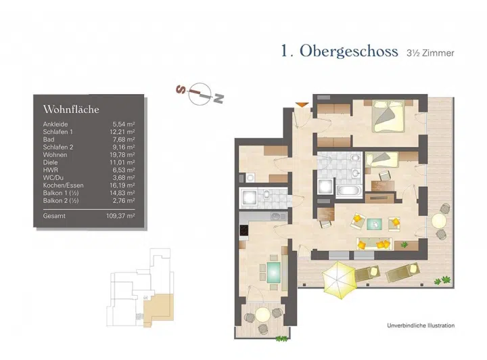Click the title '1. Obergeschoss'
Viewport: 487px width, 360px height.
click(x=339, y=52)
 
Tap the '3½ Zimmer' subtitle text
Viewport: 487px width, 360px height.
click(x=431, y=53)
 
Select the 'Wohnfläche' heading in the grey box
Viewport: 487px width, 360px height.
click(x=71, y=109)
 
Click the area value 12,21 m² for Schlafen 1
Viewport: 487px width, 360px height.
click(x=123, y=131)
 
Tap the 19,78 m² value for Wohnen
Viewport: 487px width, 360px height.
click(x=123, y=154)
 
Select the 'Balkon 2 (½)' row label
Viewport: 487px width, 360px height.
click(x=60, y=200)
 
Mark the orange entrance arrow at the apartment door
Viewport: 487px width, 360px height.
click(x=302, y=104)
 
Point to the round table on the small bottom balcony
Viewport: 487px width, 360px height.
click(x=261, y=315)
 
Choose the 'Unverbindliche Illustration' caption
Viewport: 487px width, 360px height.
click(x=421, y=325)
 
